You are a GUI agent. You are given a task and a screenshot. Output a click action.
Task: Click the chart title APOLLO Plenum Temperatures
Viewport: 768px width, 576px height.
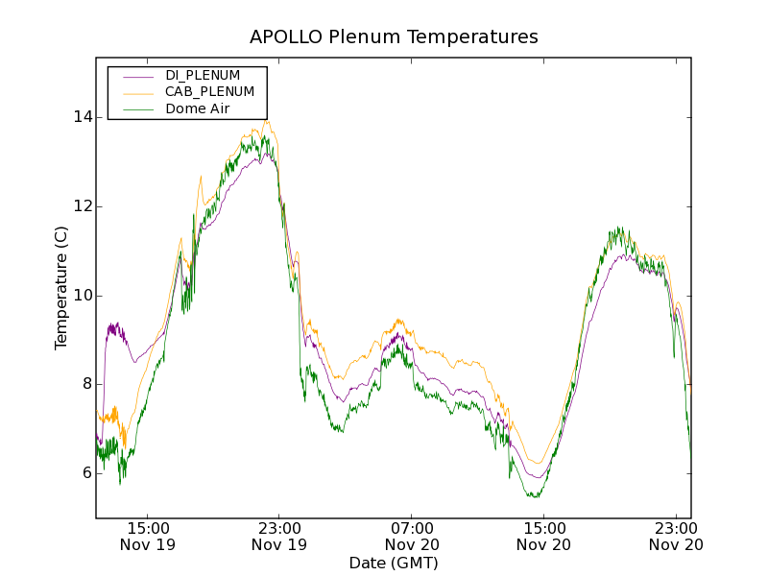coord(394,37)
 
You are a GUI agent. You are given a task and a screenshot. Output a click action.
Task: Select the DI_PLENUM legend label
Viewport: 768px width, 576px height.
coord(202,75)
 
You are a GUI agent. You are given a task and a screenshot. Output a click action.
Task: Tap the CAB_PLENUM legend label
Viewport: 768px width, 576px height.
coord(209,92)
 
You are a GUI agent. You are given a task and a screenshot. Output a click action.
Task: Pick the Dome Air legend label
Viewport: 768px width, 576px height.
coord(197,108)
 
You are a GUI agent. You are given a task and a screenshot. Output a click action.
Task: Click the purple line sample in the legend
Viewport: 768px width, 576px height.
coord(133,76)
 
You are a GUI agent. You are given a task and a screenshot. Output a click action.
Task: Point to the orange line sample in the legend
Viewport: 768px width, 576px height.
coord(133,92)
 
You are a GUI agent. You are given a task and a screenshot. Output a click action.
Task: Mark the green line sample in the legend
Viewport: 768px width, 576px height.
coord(133,109)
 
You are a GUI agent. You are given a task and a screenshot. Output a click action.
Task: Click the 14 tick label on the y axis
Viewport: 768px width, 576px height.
coord(84,117)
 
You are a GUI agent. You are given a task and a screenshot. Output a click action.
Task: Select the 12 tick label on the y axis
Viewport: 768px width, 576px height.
coord(84,206)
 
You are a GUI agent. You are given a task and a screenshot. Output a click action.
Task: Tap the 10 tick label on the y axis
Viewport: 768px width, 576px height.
coord(84,295)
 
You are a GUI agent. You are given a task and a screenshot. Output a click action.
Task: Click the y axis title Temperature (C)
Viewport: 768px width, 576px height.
coord(61,287)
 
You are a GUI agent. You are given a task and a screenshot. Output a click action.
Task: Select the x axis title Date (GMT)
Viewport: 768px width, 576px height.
coord(394,564)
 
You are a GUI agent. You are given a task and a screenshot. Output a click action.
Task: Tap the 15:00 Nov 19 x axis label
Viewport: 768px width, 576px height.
coord(148,536)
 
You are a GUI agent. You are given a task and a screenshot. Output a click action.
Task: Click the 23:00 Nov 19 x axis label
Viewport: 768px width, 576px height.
coord(279,536)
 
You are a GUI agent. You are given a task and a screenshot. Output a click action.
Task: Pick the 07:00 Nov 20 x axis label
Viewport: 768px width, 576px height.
coord(411,536)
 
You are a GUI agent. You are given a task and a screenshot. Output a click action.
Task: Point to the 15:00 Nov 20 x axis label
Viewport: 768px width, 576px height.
coord(543,536)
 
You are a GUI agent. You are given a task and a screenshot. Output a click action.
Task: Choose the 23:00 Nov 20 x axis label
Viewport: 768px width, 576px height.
coord(675,536)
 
